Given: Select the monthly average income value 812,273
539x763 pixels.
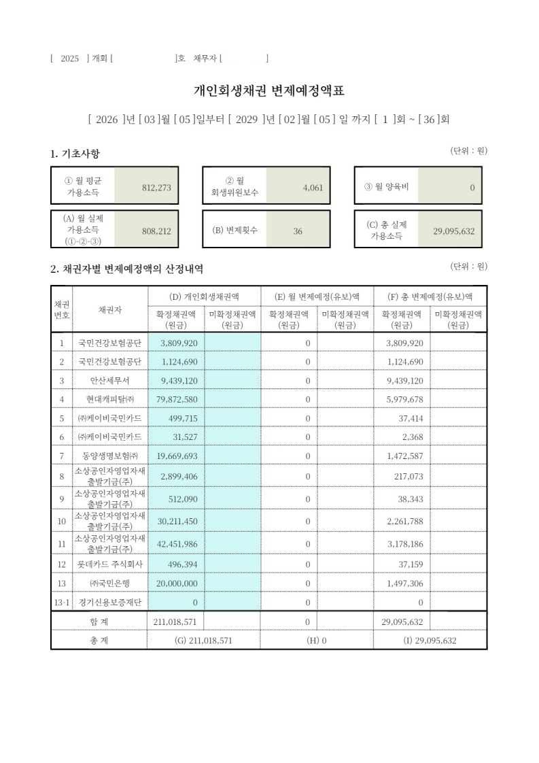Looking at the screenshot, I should click(156, 188).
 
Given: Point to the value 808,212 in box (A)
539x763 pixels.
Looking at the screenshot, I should click(156, 231).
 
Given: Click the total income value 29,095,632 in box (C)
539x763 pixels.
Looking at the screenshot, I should click(453, 231).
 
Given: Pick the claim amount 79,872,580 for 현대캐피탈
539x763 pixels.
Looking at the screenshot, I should click(175, 399).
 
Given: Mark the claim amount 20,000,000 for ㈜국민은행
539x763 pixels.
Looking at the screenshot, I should click(175, 583).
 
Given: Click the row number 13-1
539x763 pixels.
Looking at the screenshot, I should click(61, 602).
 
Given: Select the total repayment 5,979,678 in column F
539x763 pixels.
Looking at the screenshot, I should click(404, 399).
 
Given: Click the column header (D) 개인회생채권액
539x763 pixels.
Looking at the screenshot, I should click(204, 296).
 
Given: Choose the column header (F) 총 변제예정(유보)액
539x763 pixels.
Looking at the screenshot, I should click(430, 296).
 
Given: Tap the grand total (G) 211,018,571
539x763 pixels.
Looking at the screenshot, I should click(204, 641).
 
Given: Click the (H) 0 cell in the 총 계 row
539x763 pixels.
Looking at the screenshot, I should click(317, 641).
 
